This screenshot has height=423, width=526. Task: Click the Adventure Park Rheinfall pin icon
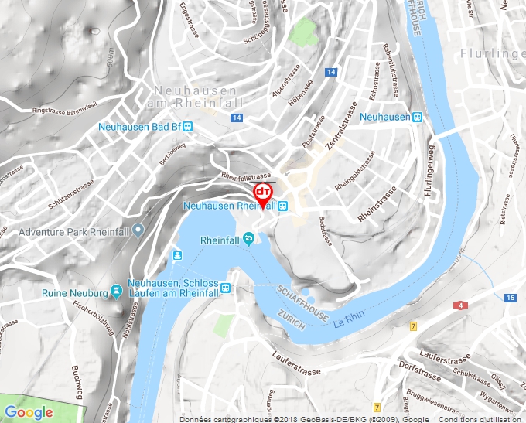point(138,230)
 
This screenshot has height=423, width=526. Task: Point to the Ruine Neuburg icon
point(116,292)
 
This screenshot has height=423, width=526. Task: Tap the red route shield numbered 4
point(463,306)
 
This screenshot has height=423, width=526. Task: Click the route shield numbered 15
point(511,298)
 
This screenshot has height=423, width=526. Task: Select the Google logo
point(29,412)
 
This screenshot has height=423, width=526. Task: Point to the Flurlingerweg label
point(428,172)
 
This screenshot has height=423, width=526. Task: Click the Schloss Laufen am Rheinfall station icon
point(225,288)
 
